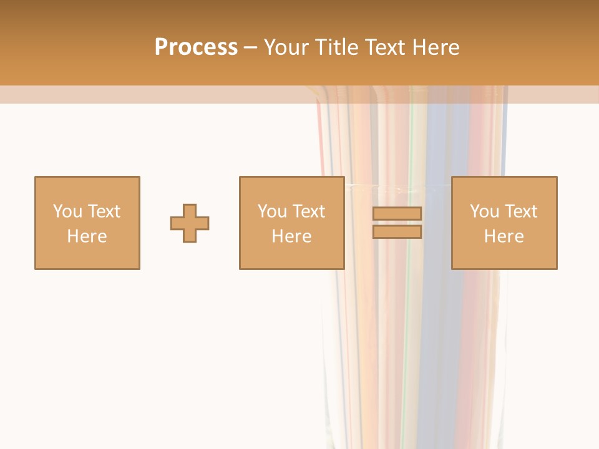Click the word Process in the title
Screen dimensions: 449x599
pyautogui.click(x=196, y=47)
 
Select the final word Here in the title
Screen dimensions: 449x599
pyautogui.click(x=434, y=47)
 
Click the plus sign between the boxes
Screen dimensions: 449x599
pyautogui.click(x=190, y=223)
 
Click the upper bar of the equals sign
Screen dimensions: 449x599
pyautogui.click(x=397, y=213)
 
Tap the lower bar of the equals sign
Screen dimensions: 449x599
pyautogui.click(x=397, y=232)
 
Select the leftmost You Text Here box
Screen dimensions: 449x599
pyautogui.click(x=87, y=223)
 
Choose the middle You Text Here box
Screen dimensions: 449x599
pyautogui.click(x=291, y=223)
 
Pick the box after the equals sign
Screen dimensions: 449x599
pyautogui.click(x=504, y=223)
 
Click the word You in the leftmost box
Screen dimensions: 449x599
pyautogui.click(x=67, y=211)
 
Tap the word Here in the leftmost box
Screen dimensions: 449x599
pyautogui.click(x=87, y=236)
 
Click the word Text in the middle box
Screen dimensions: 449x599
pyautogui.click(x=308, y=211)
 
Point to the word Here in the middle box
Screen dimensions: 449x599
pyautogui.click(x=291, y=236)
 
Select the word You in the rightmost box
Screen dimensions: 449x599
pyautogui.click(x=484, y=211)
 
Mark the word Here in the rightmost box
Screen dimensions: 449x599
pyautogui.click(x=504, y=236)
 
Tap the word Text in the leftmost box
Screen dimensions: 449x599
pyautogui.click(x=104, y=211)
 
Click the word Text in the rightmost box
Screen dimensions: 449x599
pyautogui.click(x=520, y=211)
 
